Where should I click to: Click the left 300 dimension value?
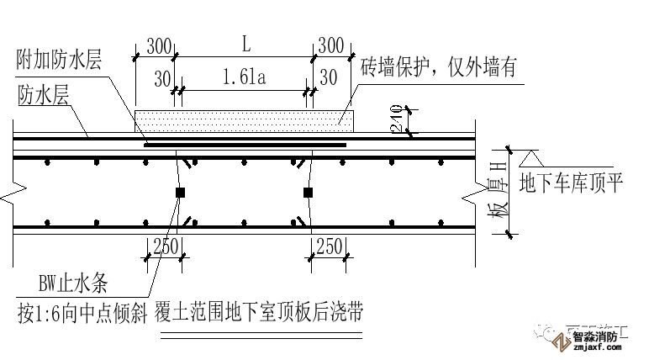(158, 45)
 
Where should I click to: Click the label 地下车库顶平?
(572, 183)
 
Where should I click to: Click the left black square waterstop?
(180, 193)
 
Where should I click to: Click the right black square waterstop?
(309, 193)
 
